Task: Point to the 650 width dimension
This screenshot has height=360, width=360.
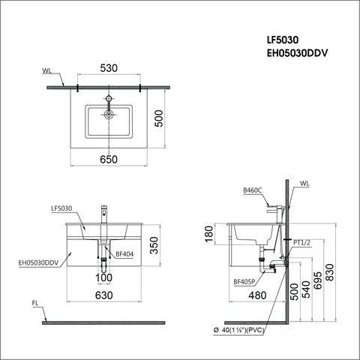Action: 110,160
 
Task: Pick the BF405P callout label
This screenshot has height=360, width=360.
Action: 244,282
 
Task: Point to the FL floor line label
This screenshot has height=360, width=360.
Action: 36,304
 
